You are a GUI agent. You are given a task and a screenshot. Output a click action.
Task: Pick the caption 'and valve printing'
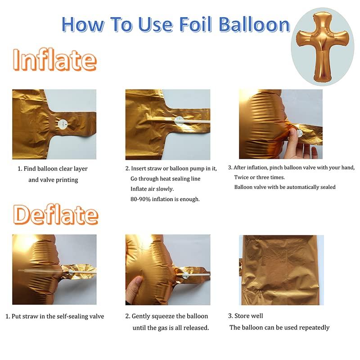point(53,180)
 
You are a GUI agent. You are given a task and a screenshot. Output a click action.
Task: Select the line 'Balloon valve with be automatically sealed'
point(284,187)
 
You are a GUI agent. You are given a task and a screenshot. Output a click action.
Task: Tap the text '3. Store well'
point(246,316)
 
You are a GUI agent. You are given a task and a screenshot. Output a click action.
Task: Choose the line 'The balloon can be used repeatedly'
point(279,327)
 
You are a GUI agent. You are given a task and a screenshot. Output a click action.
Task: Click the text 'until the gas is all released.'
point(171,328)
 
